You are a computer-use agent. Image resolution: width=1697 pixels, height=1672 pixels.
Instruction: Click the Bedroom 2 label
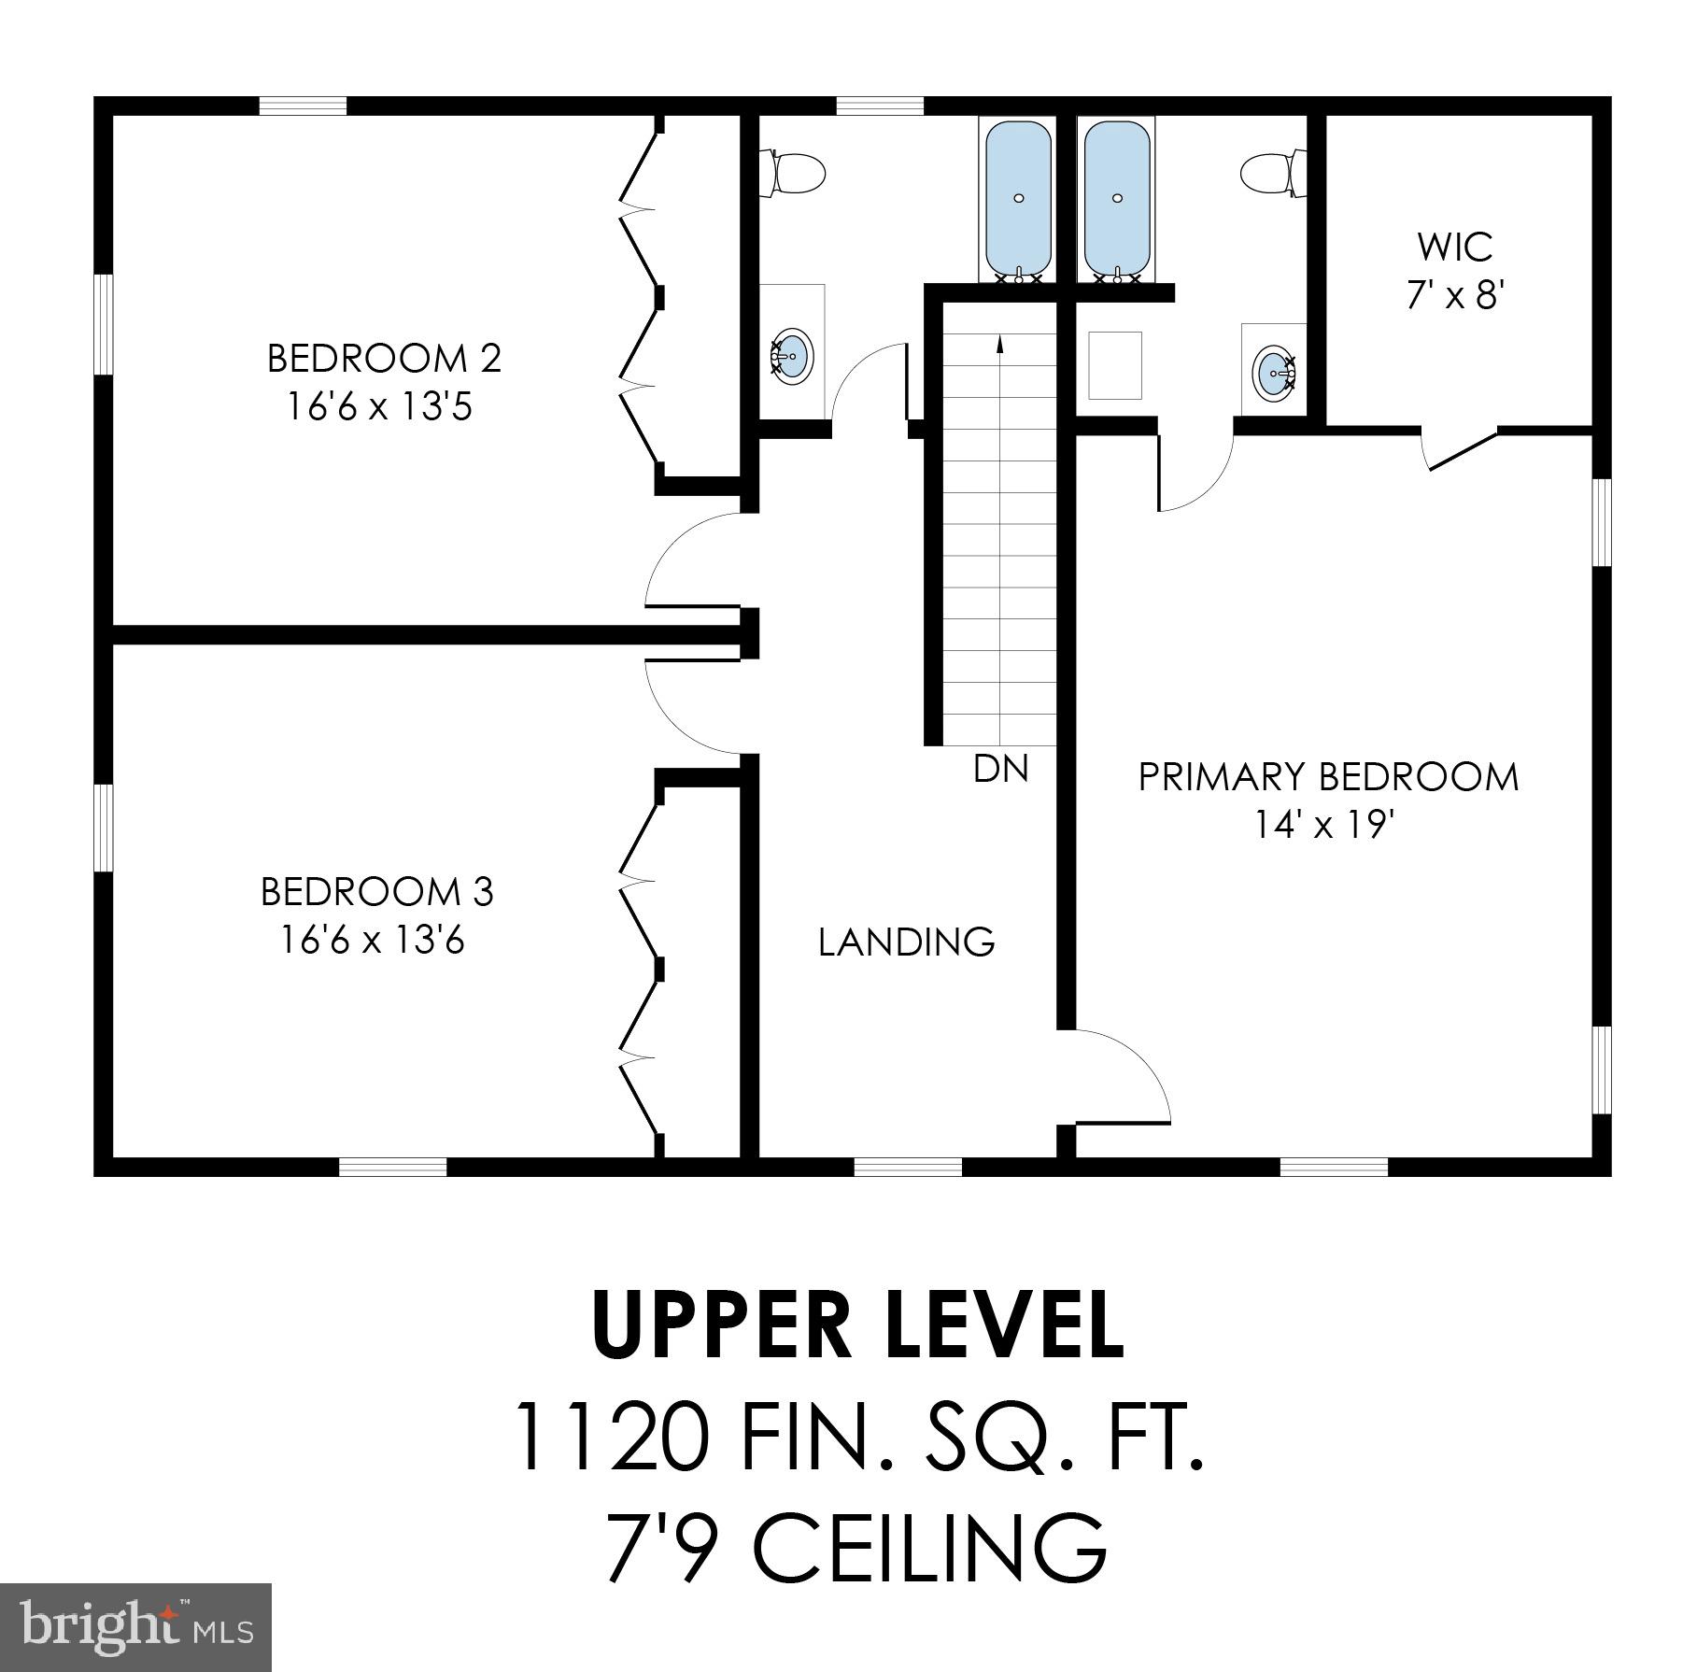pyautogui.click(x=384, y=359)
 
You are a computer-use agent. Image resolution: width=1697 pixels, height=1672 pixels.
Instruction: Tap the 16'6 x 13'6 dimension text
pyautogui.click(x=373, y=941)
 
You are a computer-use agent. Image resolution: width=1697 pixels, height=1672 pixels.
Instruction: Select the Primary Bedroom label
pyautogui.click(x=1327, y=777)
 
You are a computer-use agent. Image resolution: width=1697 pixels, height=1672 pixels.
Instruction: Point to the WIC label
pyautogui.click(x=1454, y=248)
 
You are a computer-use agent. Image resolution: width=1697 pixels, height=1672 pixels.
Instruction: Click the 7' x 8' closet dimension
pyautogui.click(x=1455, y=296)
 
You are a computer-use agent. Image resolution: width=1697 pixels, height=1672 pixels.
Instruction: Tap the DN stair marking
pyautogui.click(x=1000, y=770)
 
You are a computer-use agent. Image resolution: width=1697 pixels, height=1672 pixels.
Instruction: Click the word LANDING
pyautogui.click(x=906, y=942)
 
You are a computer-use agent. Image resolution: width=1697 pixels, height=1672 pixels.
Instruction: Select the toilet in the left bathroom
pyautogui.click(x=792, y=174)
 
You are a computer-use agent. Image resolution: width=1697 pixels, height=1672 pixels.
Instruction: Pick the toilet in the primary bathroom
pyautogui.click(x=1272, y=174)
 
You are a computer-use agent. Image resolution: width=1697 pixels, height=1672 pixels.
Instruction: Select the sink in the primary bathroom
pyautogui.click(x=1275, y=373)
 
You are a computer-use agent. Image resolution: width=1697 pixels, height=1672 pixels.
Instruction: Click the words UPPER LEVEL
pyautogui.click(x=856, y=1325)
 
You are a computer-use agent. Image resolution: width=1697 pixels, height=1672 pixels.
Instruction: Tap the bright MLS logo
pyautogui.click(x=135, y=1626)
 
